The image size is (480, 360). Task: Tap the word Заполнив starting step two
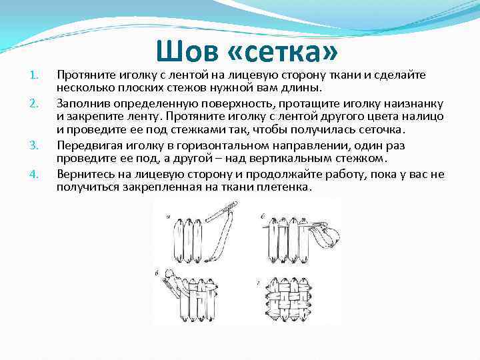83,103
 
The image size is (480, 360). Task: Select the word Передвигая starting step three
89,145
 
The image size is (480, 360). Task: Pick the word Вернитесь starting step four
85,174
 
